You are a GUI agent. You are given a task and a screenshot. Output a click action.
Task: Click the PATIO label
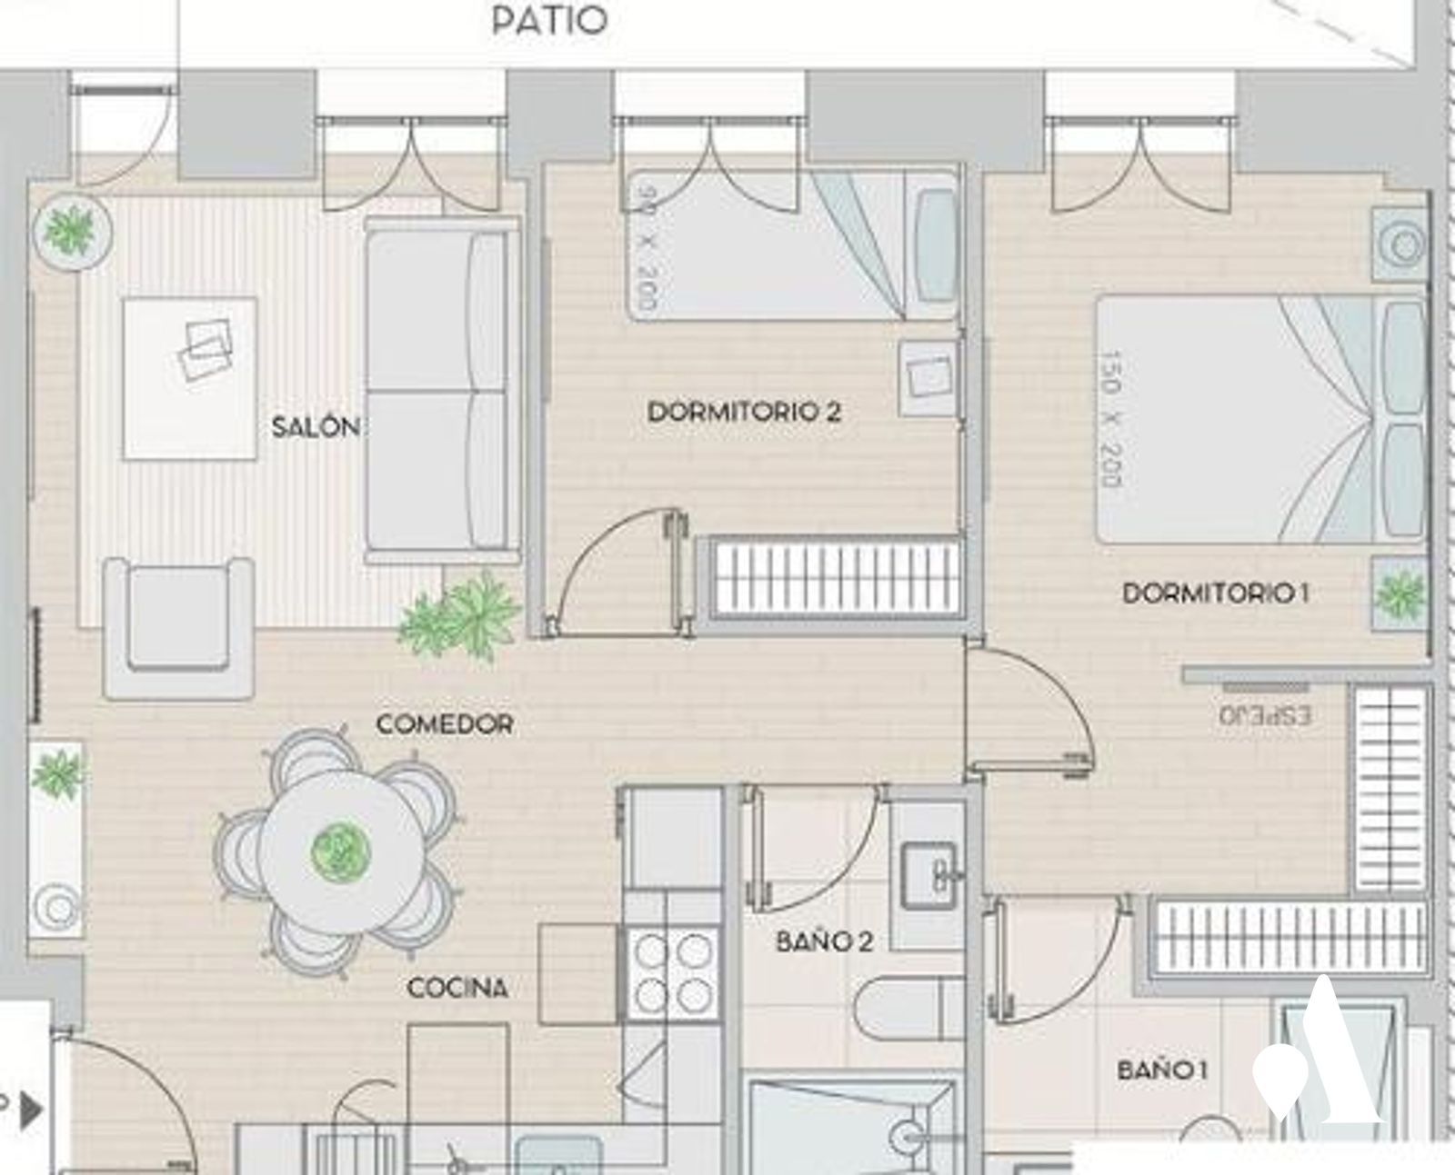(x=549, y=21)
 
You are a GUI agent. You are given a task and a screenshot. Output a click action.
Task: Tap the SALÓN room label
(x=316, y=427)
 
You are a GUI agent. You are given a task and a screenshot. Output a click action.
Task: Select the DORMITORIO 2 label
(x=744, y=412)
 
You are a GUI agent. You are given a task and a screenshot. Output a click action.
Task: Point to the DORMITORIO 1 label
(x=1216, y=593)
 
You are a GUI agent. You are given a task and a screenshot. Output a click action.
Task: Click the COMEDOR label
(x=445, y=723)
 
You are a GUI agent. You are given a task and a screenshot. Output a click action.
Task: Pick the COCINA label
(x=457, y=987)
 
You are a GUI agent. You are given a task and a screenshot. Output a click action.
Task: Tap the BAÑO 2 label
(x=825, y=942)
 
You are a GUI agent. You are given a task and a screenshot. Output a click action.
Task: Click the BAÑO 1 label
(x=1162, y=1070)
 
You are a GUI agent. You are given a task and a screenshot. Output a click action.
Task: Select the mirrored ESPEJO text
(x=1265, y=715)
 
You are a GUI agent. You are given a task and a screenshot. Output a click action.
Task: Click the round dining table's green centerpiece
(x=341, y=852)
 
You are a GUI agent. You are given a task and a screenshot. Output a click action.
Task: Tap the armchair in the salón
(x=179, y=628)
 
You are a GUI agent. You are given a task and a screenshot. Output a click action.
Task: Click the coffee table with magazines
(x=191, y=377)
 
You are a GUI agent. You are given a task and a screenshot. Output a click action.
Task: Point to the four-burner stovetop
(x=673, y=972)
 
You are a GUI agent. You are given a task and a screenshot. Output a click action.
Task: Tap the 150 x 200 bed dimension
(x=1112, y=419)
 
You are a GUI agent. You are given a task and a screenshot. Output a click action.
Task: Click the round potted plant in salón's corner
(x=73, y=231)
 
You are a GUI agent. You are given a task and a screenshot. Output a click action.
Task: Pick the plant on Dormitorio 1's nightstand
(x=1400, y=594)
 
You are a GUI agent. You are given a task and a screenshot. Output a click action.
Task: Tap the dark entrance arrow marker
(x=30, y=1110)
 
